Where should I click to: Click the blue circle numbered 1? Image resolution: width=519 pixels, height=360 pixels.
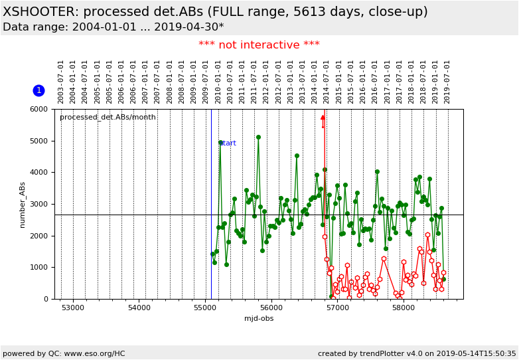[x=38, y=90]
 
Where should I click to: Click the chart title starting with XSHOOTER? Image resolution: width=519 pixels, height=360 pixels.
[x=215, y=12]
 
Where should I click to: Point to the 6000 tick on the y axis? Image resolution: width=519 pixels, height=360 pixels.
[x=40, y=110]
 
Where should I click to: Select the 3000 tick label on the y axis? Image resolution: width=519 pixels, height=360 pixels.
[x=40, y=205]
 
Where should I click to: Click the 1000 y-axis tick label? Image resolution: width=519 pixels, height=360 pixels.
[x=40, y=268]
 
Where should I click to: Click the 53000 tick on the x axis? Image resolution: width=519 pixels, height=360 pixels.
[x=73, y=308]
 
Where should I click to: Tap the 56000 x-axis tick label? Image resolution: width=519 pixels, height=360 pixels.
[x=271, y=308]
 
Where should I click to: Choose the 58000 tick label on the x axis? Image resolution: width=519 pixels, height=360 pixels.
[x=404, y=308]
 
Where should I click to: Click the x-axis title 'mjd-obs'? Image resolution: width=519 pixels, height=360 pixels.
[x=259, y=318]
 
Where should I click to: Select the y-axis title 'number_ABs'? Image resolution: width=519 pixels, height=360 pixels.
[x=23, y=205]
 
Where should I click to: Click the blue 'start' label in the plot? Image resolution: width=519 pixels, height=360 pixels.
[x=228, y=143]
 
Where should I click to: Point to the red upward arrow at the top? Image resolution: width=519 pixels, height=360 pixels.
[x=323, y=120]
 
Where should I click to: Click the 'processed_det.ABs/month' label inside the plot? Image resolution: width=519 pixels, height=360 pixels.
[x=108, y=118]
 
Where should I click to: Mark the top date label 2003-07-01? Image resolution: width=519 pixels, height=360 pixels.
[x=61, y=82]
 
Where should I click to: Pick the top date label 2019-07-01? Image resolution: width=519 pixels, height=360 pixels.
[x=448, y=82]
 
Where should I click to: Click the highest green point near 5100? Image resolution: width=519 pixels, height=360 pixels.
[x=258, y=137]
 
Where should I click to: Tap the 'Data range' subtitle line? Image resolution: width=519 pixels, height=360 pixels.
[x=113, y=27]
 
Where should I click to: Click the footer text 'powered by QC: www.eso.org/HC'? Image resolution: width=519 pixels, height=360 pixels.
[x=64, y=353]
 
